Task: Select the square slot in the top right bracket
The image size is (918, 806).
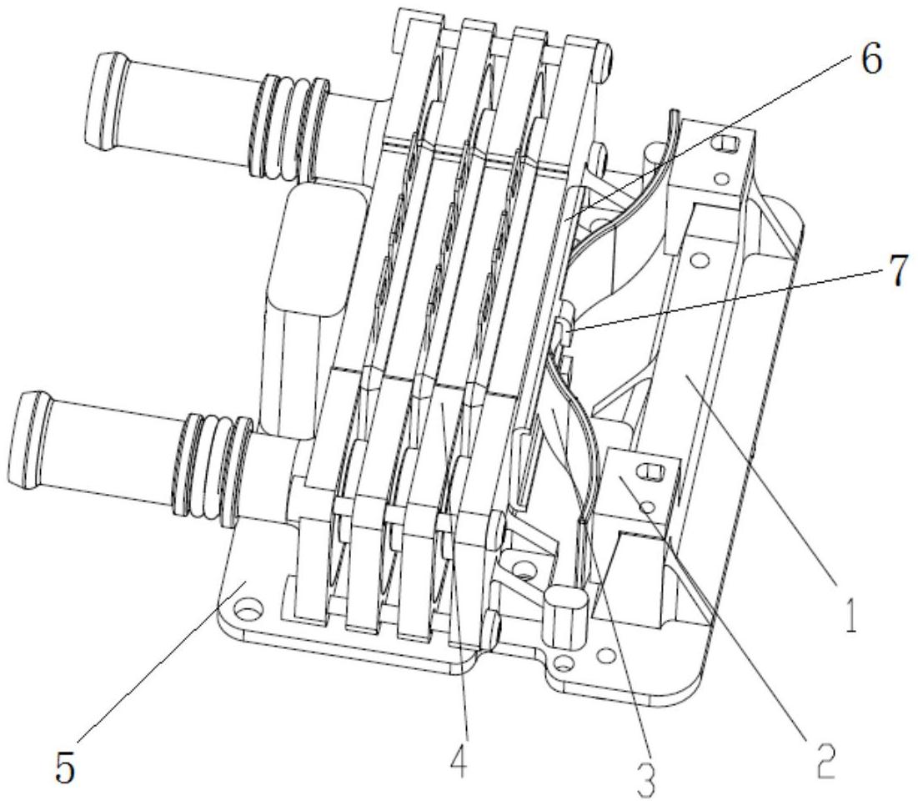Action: [x=725, y=142]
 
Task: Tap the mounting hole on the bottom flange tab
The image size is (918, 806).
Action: [x=563, y=663]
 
